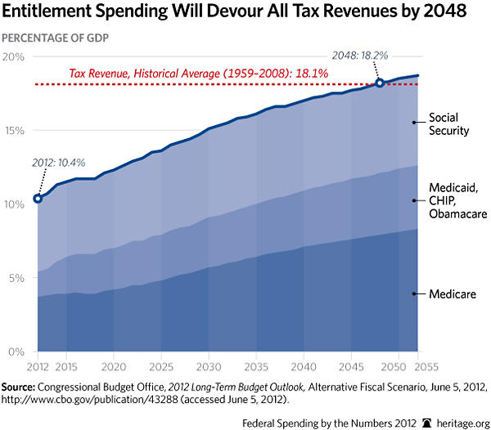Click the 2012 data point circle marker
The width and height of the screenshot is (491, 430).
click(38, 198)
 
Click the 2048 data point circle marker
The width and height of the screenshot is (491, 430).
click(380, 83)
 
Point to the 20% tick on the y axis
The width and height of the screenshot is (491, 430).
click(16, 56)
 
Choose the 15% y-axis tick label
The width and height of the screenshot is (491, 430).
click(16, 130)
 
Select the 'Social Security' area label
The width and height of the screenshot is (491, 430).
click(448, 124)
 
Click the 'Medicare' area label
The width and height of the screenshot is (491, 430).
click(452, 293)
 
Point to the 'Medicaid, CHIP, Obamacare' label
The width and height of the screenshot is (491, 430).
click(455, 201)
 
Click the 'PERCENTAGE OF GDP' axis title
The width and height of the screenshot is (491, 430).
click(58, 38)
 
